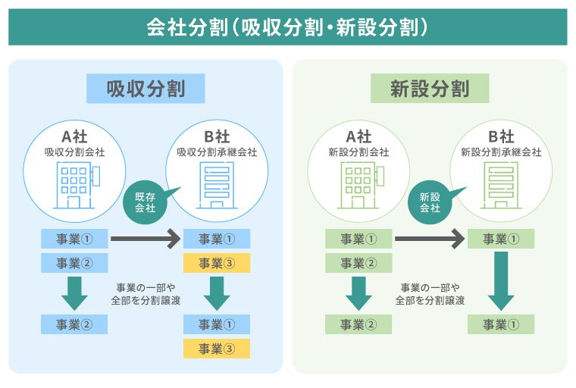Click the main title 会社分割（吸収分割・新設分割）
(287, 27)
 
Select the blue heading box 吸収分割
(146, 88)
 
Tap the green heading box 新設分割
(430, 88)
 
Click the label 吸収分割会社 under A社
(74, 152)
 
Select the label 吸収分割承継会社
(217, 152)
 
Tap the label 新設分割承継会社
(501, 152)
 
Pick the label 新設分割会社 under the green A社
(358, 152)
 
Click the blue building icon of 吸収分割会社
(76, 183)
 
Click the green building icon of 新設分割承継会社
(500, 185)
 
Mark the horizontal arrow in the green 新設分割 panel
(428, 239)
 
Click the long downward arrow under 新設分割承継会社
(501, 280)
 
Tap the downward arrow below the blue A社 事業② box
(74, 293)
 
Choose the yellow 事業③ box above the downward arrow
(216, 264)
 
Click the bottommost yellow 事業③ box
(216, 349)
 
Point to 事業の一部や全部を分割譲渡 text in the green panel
(430, 293)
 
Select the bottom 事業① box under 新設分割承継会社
(501, 325)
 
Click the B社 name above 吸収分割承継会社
(217, 137)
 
